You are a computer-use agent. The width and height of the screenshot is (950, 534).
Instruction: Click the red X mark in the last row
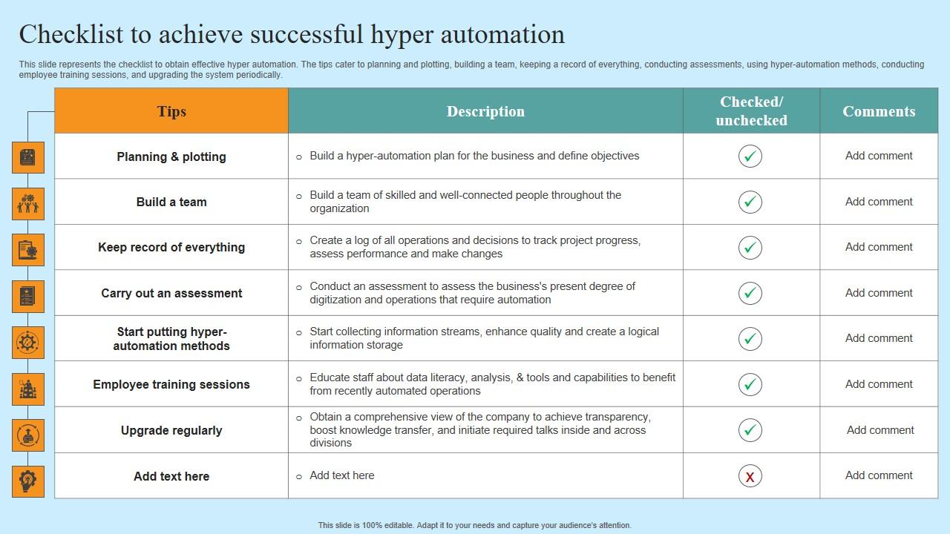click(750, 476)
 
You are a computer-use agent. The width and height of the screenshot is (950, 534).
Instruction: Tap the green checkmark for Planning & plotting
click(750, 156)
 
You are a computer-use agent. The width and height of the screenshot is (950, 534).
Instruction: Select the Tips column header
click(171, 111)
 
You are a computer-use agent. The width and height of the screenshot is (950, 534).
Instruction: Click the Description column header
click(485, 111)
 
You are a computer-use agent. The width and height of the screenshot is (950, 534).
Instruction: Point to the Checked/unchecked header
click(751, 111)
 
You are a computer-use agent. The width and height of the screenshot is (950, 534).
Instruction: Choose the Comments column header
click(879, 111)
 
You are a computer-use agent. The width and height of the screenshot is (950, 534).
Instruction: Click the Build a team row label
click(171, 202)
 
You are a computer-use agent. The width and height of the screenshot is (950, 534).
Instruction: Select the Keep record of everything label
click(171, 247)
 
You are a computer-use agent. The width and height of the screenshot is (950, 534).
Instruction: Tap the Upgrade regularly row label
click(171, 430)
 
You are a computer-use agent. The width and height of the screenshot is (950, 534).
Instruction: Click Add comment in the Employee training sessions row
click(879, 384)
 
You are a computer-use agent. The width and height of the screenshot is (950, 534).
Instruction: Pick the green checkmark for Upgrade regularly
click(750, 430)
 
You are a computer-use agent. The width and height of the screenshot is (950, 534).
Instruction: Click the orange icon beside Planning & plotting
click(28, 157)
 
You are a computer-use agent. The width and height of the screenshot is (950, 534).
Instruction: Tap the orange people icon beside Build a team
click(28, 203)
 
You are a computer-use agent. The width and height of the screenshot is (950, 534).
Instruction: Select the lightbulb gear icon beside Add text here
click(28, 481)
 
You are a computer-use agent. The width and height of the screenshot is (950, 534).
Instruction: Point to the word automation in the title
click(502, 35)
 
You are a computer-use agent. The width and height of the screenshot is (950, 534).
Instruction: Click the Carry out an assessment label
click(171, 293)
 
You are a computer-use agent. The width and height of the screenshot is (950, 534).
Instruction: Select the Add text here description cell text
click(341, 475)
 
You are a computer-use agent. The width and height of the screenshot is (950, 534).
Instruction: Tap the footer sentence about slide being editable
click(475, 525)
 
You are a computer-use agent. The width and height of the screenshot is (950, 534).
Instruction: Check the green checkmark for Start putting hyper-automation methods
click(750, 339)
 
